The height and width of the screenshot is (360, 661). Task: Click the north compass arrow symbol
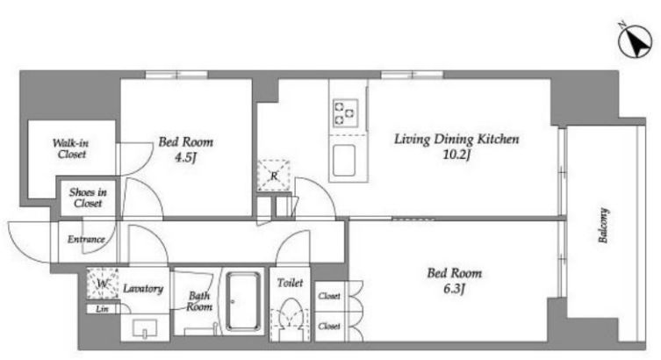coord(636,41)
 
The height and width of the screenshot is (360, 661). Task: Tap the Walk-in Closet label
coord(71,148)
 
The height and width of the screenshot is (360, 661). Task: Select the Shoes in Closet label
coord(88,198)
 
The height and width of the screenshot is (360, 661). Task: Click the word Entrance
coord(86,240)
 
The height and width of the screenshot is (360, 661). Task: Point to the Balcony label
coord(603,225)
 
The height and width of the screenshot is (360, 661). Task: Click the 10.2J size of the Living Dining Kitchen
coord(456,155)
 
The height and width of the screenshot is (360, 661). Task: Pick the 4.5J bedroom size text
coord(185,158)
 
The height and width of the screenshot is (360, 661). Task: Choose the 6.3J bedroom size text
coord(454,289)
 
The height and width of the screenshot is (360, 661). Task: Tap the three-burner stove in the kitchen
coord(345,113)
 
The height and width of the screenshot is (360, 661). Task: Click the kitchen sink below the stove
coord(344,161)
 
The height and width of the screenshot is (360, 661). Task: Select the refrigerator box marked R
coord(274,176)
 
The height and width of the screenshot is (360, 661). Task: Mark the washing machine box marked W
coord(103,284)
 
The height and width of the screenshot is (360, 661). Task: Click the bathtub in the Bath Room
coord(243,301)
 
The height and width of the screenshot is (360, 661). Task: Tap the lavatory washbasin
coord(145,328)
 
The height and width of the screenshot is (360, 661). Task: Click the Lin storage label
coord(102,309)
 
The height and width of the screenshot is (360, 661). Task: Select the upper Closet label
coord(329,296)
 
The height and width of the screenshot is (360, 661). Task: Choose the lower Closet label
coord(329,326)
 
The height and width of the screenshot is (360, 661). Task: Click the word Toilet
coord(290,283)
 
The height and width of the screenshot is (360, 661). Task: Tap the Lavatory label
coord(143,289)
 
